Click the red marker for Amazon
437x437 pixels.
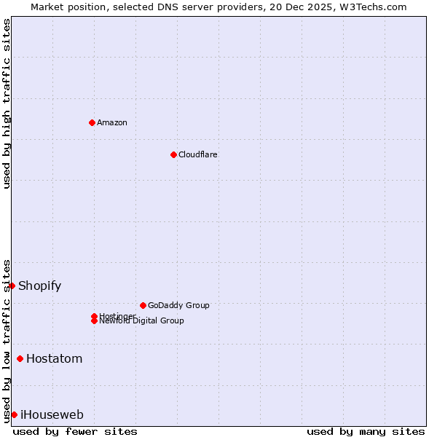tap(92, 122)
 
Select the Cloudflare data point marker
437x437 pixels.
tap(173, 154)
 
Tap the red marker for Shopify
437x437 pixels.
tap(12, 286)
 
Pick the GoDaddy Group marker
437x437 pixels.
tap(143, 305)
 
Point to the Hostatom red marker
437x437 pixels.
tap(20, 358)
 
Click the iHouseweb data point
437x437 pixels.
tap(14, 414)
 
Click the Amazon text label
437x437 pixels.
tap(112, 122)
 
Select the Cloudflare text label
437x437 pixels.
tap(198, 154)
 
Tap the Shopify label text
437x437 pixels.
tap(40, 286)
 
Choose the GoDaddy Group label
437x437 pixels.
tap(178, 305)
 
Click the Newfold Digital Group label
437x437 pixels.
tap(142, 321)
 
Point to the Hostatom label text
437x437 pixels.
tap(55, 358)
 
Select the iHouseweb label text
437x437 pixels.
tap(52, 414)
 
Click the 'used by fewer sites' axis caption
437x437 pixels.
tap(75, 431)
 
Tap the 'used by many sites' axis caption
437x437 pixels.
tap(366, 431)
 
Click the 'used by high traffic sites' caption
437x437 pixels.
tap(7, 104)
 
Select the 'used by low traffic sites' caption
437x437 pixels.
tap(7, 340)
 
